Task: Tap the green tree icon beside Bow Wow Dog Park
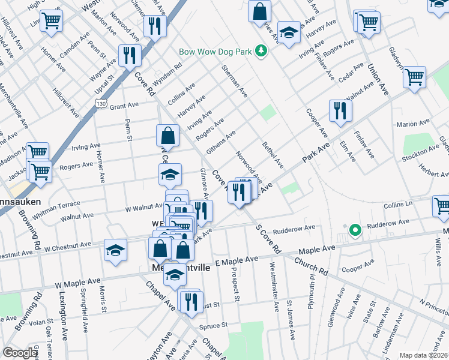[261, 52]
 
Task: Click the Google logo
[20, 353]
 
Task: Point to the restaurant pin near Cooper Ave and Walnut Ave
[340, 110]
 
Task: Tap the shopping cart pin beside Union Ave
[414, 77]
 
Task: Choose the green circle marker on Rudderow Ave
[355, 229]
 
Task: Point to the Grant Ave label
[124, 105]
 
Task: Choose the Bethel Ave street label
[273, 155]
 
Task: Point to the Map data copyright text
[423, 355]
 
